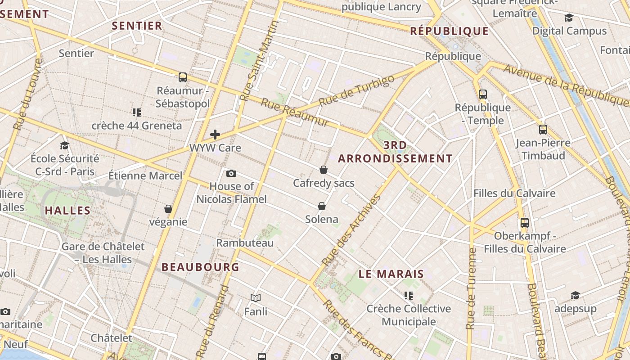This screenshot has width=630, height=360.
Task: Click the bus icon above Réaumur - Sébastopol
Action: [x=182, y=77]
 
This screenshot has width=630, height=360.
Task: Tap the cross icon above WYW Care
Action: [x=215, y=134]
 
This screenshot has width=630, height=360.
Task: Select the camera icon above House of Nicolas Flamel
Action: [x=231, y=173]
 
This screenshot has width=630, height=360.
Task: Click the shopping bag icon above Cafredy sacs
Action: [x=323, y=170]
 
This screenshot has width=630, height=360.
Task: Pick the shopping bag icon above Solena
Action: [x=322, y=206]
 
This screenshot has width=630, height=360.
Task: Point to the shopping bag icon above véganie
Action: [x=168, y=209]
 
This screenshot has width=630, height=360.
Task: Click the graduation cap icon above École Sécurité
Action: [x=64, y=145]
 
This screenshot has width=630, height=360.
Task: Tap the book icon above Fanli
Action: [x=256, y=298]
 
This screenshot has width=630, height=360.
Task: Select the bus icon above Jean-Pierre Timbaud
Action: [x=543, y=130]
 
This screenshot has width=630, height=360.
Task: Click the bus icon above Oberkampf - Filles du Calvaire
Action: [x=525, y=222]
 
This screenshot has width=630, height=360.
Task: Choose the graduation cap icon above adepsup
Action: [x=575, y=295]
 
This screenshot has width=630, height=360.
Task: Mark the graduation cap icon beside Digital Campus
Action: [x=569, y=18]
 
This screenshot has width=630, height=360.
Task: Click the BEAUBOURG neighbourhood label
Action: [x=200, y=267]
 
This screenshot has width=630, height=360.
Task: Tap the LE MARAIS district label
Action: [x=391, y=274]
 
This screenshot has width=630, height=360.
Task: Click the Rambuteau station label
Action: [x=245, y=243]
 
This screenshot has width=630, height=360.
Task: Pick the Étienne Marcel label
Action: [x=145, y=175]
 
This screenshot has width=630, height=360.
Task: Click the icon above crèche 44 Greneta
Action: [x=137, y=112]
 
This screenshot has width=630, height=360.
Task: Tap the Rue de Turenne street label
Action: [x=471, y=288]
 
